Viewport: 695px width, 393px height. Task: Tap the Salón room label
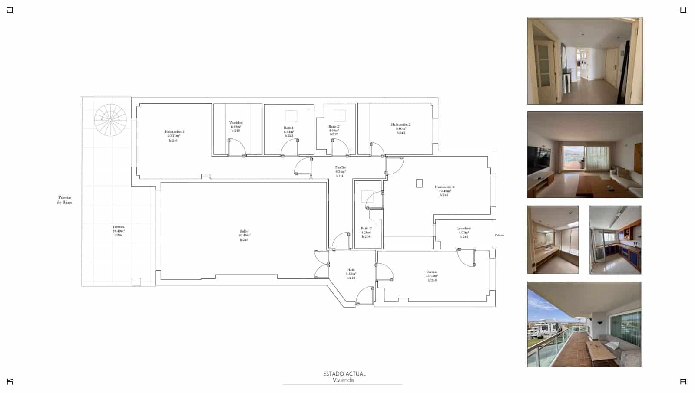(244, 236)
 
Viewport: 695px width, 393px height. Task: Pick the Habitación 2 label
(401, 128)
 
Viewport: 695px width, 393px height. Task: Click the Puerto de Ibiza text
(64, 200)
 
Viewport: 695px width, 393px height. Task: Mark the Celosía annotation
(499, 236)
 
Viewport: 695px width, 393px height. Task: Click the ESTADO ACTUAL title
(344, 373)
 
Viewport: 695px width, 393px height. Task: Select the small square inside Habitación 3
(419, 183)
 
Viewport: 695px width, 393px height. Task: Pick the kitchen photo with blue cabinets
(615, 239)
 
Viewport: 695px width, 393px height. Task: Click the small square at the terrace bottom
(136, 282)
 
